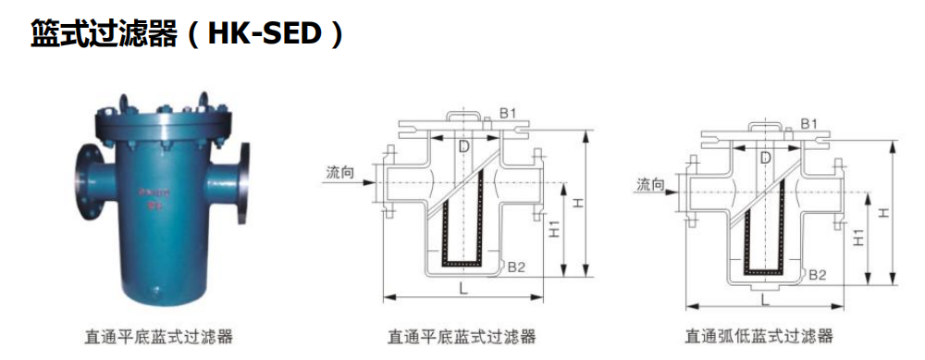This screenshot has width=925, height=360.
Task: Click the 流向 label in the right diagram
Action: click(x=651, y=185)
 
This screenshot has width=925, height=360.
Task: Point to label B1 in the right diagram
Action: click(x=808, y=123)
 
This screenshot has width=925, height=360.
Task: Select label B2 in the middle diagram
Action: click(x=516, y=267)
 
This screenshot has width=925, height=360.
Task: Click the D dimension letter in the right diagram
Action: click(x=766, y=158)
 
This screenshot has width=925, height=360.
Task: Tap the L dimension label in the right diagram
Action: click(x=764, y=298)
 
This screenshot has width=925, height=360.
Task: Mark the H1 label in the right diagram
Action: click(x=857, y=239)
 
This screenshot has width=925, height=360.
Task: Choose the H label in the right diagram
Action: click(x=884, y=213)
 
